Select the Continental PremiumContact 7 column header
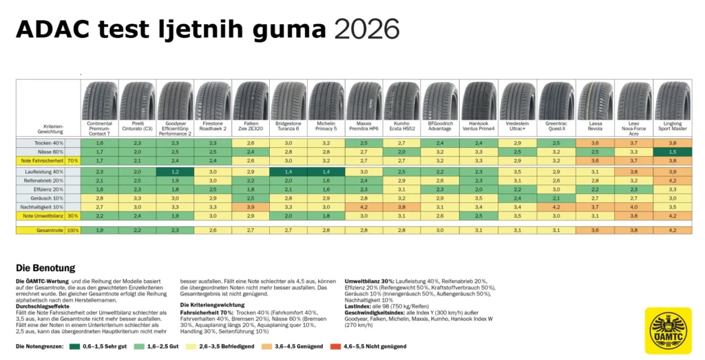tap(100, 127)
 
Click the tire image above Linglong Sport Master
tap(672, 100)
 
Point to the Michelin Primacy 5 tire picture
tap(327, 100)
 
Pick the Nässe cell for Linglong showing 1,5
tap(672, 151)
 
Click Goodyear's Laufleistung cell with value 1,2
tap(176, 171)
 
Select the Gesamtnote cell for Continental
tap(100, 230)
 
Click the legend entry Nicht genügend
tap(357, 346)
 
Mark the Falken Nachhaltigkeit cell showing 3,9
tap(251, 207)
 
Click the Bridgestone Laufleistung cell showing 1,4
tap(289, 171)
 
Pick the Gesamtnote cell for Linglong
tap(672, 230)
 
